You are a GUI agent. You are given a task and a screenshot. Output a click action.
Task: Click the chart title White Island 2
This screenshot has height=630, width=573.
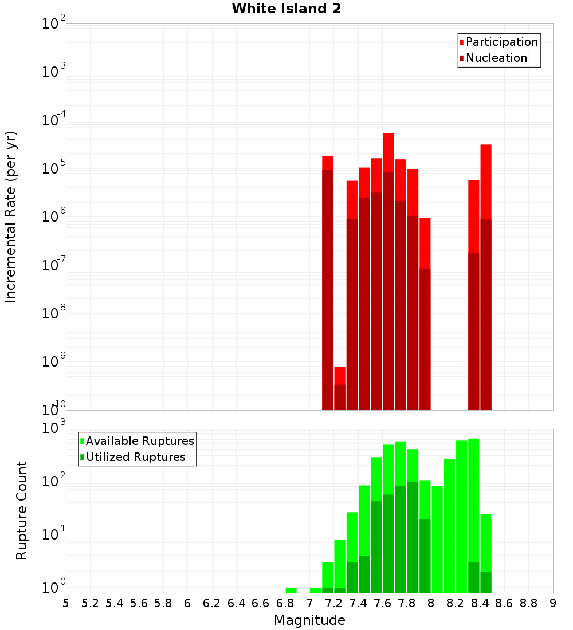pos(286,9)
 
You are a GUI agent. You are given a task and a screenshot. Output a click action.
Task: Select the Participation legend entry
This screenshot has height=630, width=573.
pos(502,42)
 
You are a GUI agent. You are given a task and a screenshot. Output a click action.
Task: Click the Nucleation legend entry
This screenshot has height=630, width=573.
pos(496,58)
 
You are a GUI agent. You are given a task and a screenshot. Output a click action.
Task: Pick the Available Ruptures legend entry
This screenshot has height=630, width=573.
pos(140,441)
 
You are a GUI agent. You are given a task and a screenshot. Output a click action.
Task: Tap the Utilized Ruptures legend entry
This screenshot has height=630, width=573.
pos(135,457)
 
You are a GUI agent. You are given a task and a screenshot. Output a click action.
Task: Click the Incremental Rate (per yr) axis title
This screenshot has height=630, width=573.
pos(10,216)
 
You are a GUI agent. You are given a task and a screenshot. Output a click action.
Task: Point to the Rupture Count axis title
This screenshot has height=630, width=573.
pos(22,510)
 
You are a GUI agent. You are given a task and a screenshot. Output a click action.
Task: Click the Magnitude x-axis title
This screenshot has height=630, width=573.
pos(309,620)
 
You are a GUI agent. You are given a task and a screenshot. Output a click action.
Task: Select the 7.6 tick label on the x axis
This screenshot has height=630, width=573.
pos(383,603)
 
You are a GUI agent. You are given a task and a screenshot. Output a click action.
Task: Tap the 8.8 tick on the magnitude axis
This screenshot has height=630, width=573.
pos(529,603)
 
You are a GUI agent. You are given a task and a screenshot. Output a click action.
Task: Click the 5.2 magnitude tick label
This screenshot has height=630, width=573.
pos(91,603)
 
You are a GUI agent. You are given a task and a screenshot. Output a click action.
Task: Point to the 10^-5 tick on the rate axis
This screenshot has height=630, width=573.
pos(53,168)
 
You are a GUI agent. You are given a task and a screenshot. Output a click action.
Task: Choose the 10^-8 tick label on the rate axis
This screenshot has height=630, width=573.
pos(53,313)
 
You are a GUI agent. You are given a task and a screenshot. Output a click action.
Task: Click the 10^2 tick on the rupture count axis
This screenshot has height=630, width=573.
pos(53,481)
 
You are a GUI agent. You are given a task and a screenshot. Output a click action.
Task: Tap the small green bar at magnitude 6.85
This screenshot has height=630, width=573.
pos(291,590)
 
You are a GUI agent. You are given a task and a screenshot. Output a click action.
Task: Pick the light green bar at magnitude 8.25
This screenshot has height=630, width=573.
pos(462,515)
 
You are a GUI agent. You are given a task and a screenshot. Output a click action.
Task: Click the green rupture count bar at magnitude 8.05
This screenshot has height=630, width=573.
pos(437,538)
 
